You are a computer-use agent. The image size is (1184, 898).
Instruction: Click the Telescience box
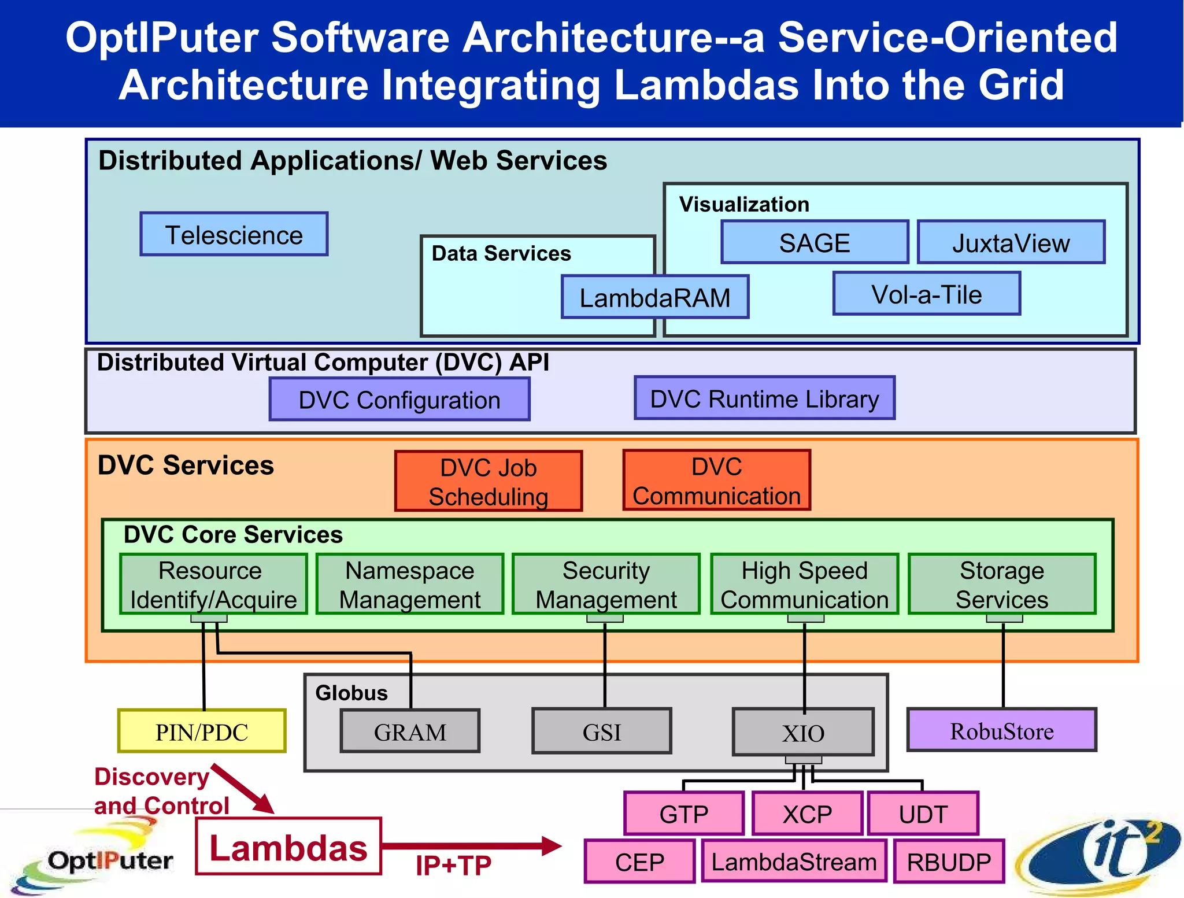(x=234, y=234)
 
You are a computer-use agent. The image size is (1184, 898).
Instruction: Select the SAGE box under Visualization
(x=815, y=242)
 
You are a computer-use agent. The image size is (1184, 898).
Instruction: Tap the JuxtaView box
(x=1011, y=242)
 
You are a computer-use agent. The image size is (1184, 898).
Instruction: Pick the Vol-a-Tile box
(x=927, y=294)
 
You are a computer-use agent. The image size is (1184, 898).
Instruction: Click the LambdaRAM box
(x=655, y=297)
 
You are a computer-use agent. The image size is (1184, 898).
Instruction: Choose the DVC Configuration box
(x=399, y=400)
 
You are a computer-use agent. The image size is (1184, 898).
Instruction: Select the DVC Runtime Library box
(x=764, y=398)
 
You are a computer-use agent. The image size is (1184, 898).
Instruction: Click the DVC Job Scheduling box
(x=489, y=481)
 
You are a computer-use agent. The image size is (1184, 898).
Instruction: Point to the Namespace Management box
(x=410, y=584)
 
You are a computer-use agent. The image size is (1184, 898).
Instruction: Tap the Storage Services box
(x=1002, y=584)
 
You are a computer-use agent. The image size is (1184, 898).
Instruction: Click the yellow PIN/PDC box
(x=202, y=731)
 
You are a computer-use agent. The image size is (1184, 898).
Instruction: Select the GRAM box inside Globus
(x=410, y=731)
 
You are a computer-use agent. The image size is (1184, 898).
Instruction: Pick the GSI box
(x=602, y=731)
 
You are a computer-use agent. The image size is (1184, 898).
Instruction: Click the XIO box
(x=803, y=733)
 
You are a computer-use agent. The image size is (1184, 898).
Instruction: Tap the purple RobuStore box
(x=1002, y=730)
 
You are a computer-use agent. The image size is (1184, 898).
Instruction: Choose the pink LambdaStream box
(x=794, y=862)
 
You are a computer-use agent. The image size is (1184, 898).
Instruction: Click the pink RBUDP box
(x=949, y=862)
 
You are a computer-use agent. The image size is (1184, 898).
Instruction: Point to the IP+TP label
(x=453, y=866)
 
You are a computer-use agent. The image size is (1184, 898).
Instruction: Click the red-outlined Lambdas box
(x=288, y=847)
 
